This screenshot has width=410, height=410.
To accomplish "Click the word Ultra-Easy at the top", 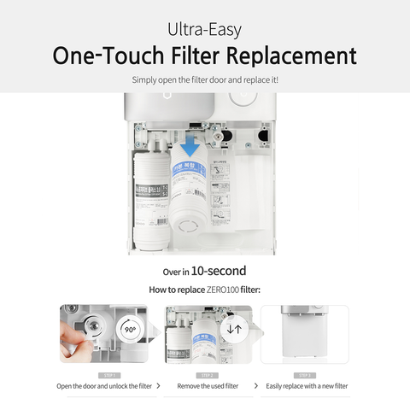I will (204, 29).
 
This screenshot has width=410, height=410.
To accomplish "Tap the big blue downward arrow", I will (190, 144).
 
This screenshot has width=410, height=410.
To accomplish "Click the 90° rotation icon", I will (131, 328).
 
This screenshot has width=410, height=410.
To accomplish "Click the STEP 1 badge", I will (108, 374).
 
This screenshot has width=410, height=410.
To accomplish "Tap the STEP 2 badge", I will (208, 374).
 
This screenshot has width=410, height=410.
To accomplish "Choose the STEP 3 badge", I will (305, 374).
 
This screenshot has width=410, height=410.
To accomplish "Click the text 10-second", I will (218, 271).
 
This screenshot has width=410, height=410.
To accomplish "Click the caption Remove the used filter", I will (208, 386).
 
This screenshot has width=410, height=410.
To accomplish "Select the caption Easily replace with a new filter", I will (305, 386).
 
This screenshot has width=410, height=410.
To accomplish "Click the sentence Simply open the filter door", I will (204, 79).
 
